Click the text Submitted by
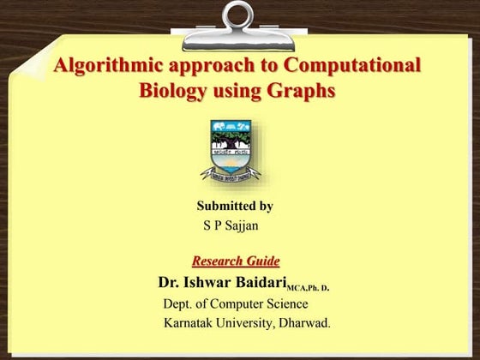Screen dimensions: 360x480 click(x=235, y=206)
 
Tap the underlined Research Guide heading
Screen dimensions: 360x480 click(x=236, y=261)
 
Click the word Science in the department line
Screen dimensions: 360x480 click(x=285, y=304)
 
